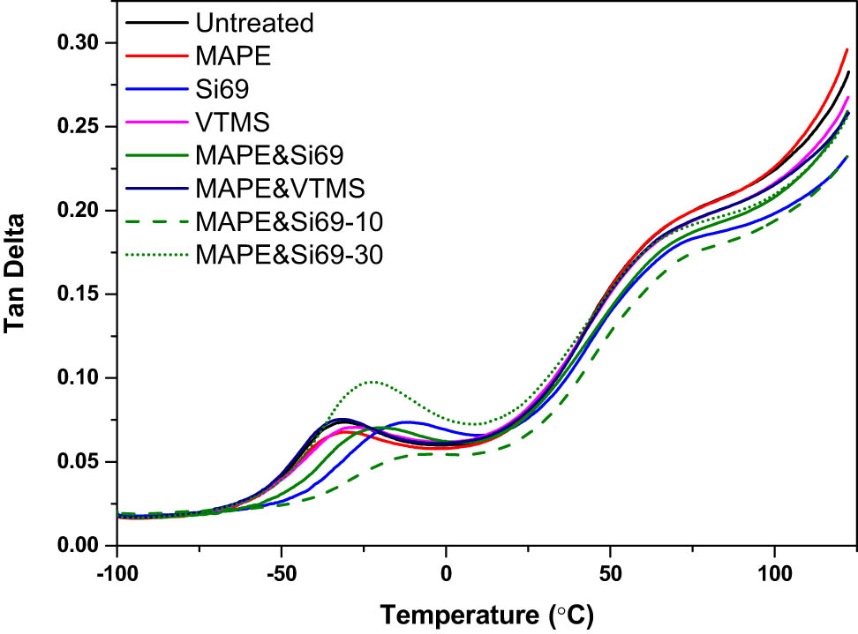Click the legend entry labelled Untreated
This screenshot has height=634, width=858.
click(x=254, y=22)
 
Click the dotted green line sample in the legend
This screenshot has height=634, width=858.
click(x=155, y=229)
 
